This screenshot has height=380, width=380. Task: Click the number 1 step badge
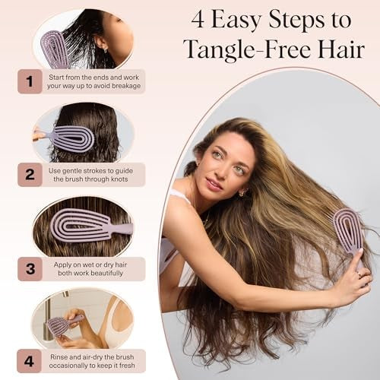(30, 81)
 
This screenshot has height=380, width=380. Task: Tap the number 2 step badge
(30, 174)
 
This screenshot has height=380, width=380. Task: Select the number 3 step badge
(30, 268)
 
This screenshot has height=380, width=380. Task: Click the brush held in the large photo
(349, 230)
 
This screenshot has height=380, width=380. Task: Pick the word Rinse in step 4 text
(59, 357)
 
